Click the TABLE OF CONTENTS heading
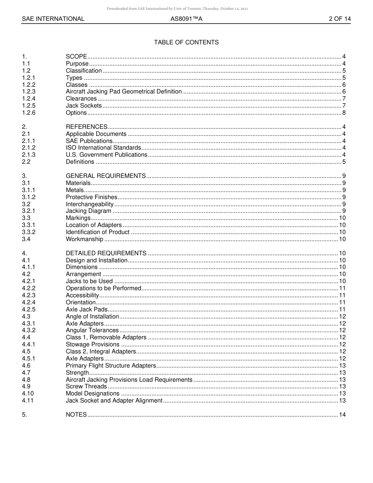coord(186,42)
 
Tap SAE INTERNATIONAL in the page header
coord(53,19)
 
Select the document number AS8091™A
coord(186,19)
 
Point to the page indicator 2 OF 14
coord(340,19)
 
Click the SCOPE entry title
coord(76,57)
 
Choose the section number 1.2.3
coord(29,91)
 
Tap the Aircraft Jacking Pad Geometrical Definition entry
coord(124,91)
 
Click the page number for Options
coord(344,113)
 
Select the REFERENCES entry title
coord(86,127)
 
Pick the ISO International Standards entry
coord(103,148)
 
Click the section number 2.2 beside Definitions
coord(26,162)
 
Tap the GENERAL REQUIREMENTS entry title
coord(106,176)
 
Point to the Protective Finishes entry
coord(91,197)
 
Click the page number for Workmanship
coord(342,239)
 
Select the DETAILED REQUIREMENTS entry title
coord(106,253)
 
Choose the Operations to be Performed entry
coord(103,288)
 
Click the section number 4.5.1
coord(29,359)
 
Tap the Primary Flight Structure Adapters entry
coord(111,366)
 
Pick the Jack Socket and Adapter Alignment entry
coord(114,401)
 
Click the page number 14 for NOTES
coord(342,415)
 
